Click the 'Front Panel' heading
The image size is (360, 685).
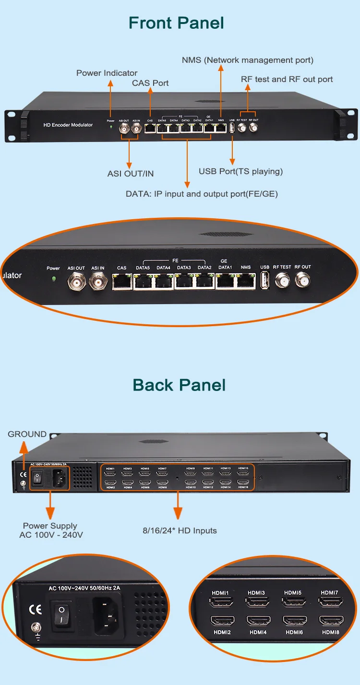tap(176, 23)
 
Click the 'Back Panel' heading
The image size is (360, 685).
tap(179, 385)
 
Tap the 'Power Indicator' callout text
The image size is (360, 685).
tap(107, 73)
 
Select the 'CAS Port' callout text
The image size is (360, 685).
tap(150, 83)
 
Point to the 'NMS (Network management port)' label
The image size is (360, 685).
tap(247, 60)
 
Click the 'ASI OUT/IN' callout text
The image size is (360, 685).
tap(131, 174)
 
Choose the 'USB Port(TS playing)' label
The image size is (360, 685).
tap(240, 171)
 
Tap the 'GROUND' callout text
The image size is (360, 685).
tap(27, 434)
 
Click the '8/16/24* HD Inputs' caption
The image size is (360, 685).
tap(180, 531)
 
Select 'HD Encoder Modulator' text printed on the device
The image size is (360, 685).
tap(68, 125)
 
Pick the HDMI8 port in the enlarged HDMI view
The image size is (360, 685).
tap(331, 620)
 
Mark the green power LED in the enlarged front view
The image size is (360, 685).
tap(53, 279)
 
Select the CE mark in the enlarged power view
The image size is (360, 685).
tap(35, 609)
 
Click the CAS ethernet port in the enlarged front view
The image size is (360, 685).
tap(122, 282)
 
